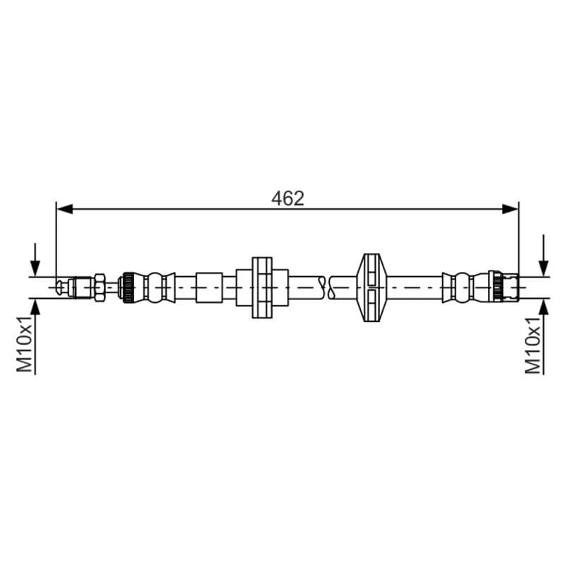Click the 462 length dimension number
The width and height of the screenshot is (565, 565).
(287, 198)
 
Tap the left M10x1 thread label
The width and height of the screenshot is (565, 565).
(25, 345)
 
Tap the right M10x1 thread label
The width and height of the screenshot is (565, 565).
(533, 345)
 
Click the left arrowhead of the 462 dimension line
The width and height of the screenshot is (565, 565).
(65, 208)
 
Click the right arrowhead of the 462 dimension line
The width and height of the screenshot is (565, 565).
(510, 208)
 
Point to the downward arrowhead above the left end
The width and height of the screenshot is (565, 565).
(35, 268)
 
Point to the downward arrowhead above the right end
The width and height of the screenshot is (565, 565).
(544, 268)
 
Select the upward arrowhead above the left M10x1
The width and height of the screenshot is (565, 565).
(35, 307)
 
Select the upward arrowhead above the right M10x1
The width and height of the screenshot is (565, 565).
(544, 307)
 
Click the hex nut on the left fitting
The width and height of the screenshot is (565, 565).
(100, 287)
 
